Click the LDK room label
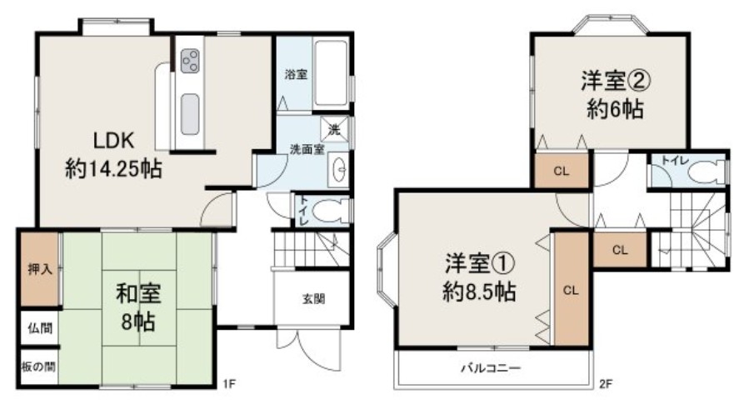point(113,141)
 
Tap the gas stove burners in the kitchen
point(190,61)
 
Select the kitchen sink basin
point(190,114)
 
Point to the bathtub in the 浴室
point(332,73)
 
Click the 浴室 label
point(296,74)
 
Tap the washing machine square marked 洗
point(335,129)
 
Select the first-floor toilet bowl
point(328,211)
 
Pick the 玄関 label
point(313,298)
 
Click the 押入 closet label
point(40,269)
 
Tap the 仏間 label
point(40,328)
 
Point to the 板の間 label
point(38,367)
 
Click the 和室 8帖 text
point(138,307)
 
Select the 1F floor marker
point(228,384)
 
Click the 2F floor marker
point(606,384)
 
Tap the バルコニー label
point(491,367)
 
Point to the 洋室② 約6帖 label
point(616,95)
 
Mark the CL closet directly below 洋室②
point(562,171)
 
